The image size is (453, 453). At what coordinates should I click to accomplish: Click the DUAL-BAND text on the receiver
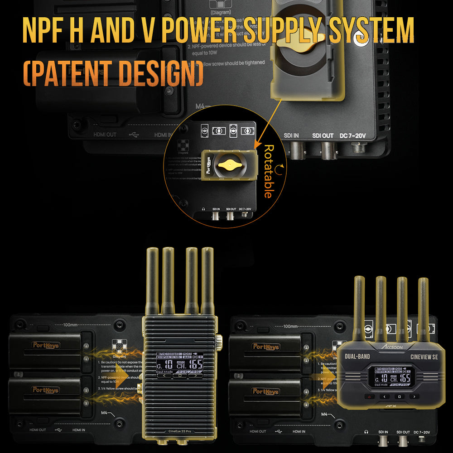click(x=358, y=357)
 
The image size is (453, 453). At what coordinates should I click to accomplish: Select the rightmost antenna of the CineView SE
click(x=423, y=308)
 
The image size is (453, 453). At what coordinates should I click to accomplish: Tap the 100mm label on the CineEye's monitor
click(x=68, y=326)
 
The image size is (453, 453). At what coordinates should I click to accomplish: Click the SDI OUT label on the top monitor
click(x=323, y=135)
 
